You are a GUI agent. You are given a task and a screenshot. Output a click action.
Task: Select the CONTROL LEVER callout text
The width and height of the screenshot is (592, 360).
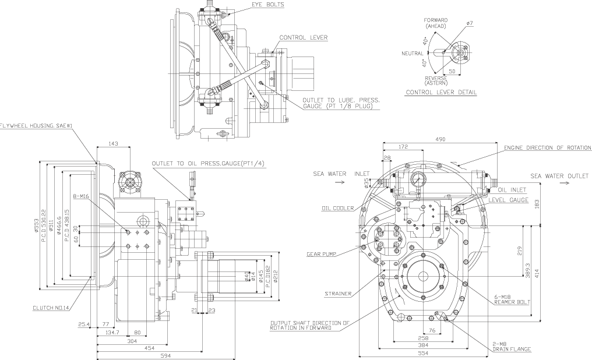pos(303,38)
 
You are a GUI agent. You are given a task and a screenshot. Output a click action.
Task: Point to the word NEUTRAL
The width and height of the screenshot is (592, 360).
pos(413,54)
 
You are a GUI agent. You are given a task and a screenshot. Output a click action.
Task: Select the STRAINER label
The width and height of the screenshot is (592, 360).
pos(338,294)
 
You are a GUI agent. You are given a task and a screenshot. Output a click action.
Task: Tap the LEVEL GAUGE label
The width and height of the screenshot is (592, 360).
pos(509,200)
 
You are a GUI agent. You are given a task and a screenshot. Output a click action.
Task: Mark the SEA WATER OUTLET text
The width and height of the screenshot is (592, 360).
pos(559,176)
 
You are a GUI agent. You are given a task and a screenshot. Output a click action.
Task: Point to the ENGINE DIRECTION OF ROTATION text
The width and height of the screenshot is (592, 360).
pos(547,148)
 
